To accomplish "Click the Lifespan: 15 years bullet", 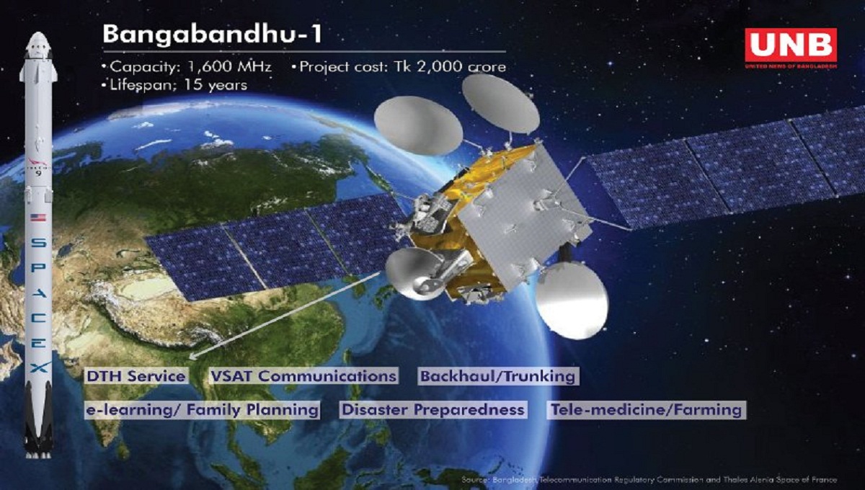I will click(174, 85).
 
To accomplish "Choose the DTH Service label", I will click(135, 375).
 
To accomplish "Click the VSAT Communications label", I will click(303, 375).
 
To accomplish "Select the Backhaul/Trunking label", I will click(498, 375).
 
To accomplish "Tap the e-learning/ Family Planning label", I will click(202, 410).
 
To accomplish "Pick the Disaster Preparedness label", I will click(432, 410).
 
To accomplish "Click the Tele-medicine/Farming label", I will click(646, 410).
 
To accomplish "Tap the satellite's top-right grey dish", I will click(500, 102).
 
